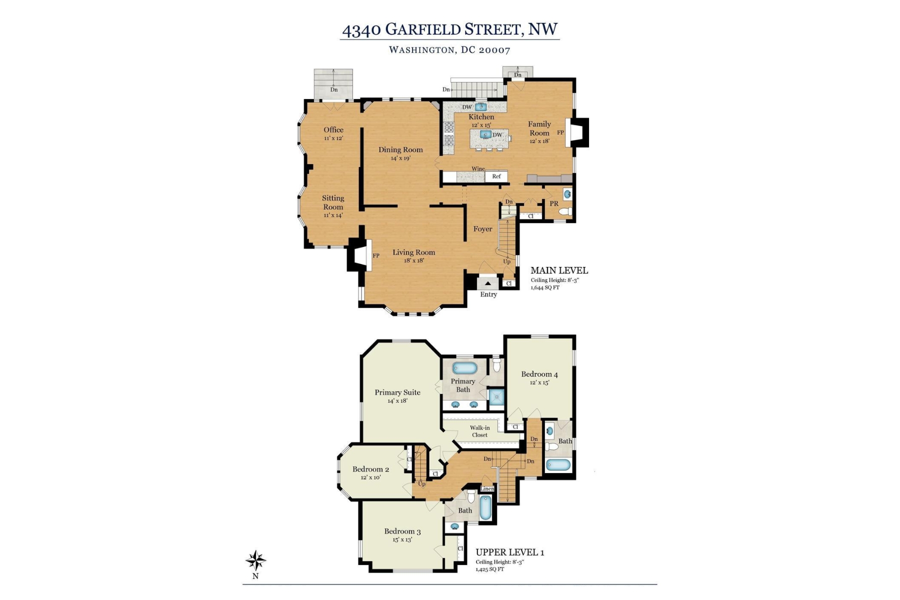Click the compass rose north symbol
click(x=255, y=561)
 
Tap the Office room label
click(x=333, y=130)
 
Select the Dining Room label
click(x=400, y=149)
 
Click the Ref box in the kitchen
click(x=496, y=176)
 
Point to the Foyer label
click(x=483, y=229)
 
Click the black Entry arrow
click(x=488, y=283)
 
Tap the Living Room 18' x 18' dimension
click(x=414, y=260)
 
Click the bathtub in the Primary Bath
click(x=465, y=368)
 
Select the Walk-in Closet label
click(x=480, y=431)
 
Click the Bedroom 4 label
click(x=539, y=374)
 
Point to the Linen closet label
click(x=487, y=489)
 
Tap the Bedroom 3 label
click(x=402, y=531)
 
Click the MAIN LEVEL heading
click(x=559, y=270)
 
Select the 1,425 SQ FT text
click(x=490, y=569)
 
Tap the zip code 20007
click(x=494, y=50)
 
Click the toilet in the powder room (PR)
click(x=565, y=212)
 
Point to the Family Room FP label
click(x=560, y=132)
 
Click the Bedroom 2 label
click(x=371, y=469)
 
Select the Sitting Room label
click(x=333, y=202)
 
